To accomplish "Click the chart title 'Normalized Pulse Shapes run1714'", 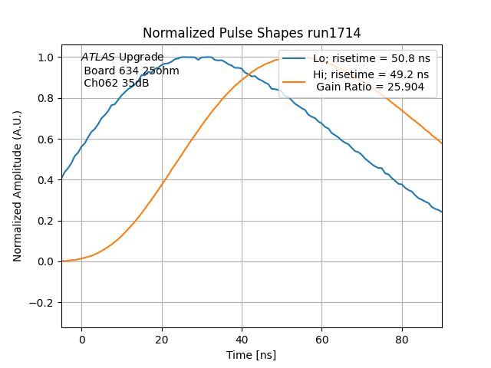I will pos(252,33).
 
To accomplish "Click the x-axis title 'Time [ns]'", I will pos(252,355).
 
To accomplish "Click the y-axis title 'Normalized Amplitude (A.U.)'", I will pos(18,186).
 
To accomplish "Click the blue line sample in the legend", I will pos(296,58).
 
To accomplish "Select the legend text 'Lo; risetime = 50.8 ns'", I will pos(371,58).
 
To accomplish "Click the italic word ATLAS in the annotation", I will pos(98,57).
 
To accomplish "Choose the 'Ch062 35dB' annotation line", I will pos(116,83).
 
